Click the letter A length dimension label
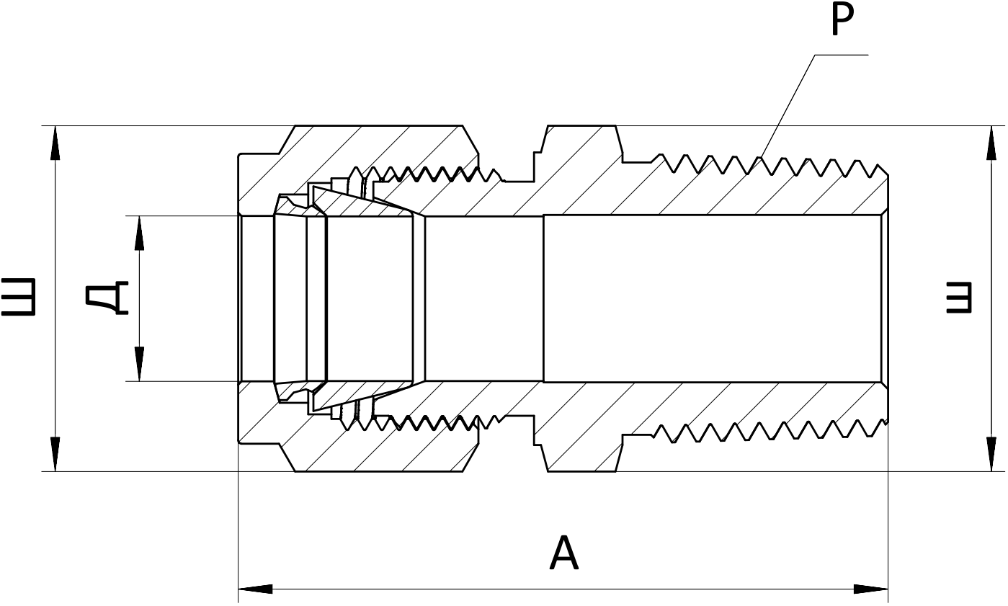click(x=564, y=553)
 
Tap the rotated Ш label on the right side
click(x=958, y=298)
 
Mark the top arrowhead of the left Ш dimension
click(x=55, y=143)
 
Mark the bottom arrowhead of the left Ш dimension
click(x=55, y=454)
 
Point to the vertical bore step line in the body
click(x=543, y=298)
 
